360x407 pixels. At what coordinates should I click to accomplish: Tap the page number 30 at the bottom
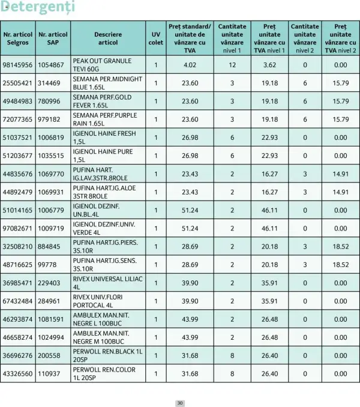[x=179, y=403]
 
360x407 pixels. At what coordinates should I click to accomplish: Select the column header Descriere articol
[x=108, y=38]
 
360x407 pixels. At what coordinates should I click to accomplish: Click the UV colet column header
[x=155, y=38]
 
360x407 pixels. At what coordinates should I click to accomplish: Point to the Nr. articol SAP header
[x=52, y=38]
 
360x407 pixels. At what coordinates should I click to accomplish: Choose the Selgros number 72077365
[x=18, y=119]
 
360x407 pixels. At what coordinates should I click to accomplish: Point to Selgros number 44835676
[x=18, y=174]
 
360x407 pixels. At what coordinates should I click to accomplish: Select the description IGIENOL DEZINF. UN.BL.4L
[x=98, y=210]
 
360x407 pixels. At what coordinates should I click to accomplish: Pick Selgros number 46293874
[x=18, y=319]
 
